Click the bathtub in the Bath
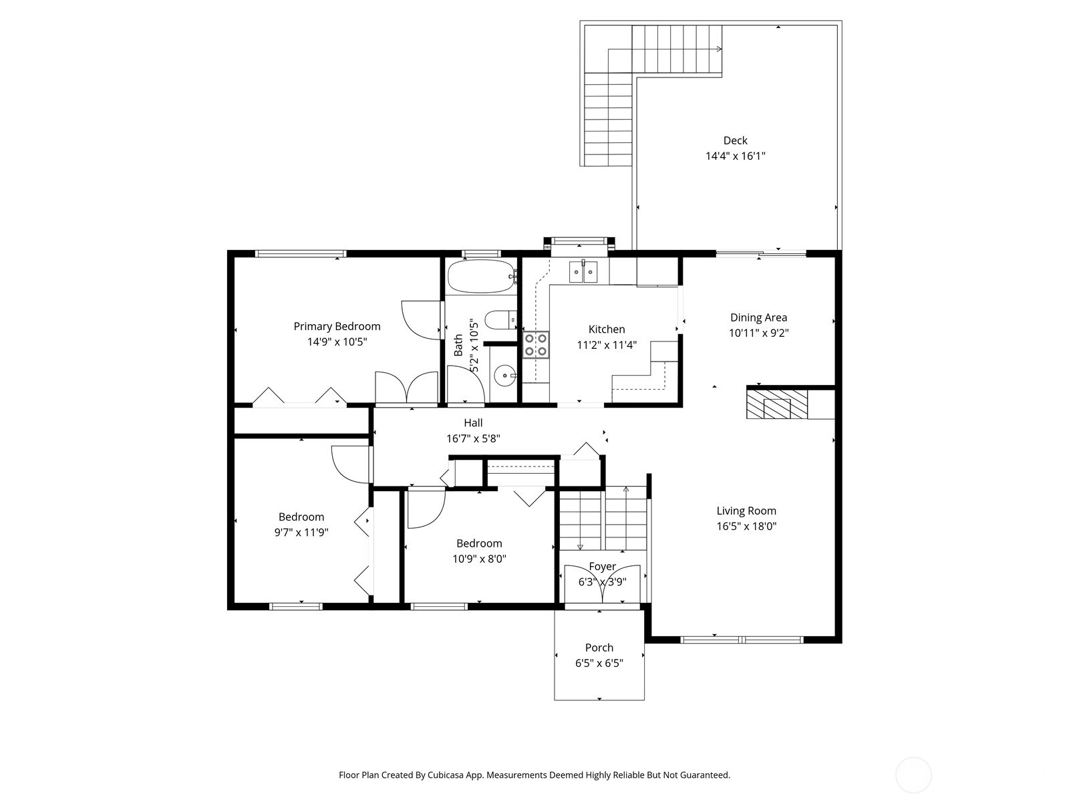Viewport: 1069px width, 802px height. pyautogui.click(x=480, y=277)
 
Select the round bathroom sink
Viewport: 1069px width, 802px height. pyautogui.click(x=504, y=376)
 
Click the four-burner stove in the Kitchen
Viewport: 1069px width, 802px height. pyautogui.click(x=536, y=345)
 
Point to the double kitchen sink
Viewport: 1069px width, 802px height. pyautogui.click(x=583, y=272)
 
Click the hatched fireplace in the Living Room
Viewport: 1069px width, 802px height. pyautogui.click(x=776, y=404)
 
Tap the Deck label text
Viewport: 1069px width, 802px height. pyautogui.click(x=735, y=140)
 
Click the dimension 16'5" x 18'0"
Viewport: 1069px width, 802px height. pyautogui.click(x=746, y=526)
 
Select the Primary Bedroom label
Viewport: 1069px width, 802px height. pyautogui.click(x=337, y=326)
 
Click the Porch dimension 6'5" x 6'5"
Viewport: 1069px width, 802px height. pyautogui.click(x=599, y=663)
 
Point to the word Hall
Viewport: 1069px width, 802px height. pyautogui.click(x=473, y=423)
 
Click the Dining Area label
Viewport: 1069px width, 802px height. pyautogui.click(x=758, y=317)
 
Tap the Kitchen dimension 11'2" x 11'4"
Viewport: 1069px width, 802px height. pyautogui.click(x=606, y=345)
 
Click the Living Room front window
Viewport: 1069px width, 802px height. pyautogui.click(x=742, y=640)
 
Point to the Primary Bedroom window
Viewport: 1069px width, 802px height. pyautogui.click(x=301, y=254)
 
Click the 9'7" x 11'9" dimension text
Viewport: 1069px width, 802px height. pyautogui.click(x=301, y=533)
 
